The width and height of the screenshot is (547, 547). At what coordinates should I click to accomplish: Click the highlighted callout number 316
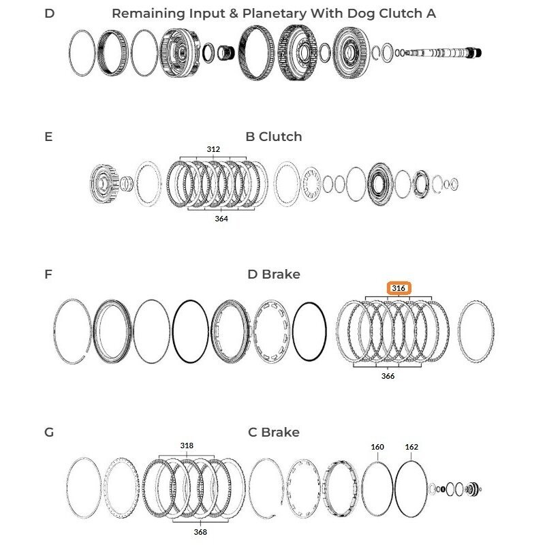[398, 288]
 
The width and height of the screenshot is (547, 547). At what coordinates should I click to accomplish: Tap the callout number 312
[213, 149]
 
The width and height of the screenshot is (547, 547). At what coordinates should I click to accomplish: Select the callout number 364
[221, 219]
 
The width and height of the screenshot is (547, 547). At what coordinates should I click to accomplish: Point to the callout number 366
[388, 376]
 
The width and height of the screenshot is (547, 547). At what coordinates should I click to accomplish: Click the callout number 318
[187, 446]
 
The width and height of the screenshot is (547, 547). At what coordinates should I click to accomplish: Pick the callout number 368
[200, 532]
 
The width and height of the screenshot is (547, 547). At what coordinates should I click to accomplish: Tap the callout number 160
[377, 447]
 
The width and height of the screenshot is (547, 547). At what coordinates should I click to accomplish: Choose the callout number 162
[411, 447]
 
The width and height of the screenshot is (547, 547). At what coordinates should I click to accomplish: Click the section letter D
[50, 14]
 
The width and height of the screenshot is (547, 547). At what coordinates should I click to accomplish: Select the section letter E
[48, 137]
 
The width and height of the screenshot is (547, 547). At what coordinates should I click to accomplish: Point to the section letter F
[48, 275]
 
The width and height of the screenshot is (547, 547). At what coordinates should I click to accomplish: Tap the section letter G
[49, 433]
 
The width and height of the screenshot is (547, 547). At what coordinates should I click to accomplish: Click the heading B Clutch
[274, 137]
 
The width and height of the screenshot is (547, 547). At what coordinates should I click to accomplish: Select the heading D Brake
[274, 275]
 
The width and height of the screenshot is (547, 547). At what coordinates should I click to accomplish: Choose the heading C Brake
[274, 433]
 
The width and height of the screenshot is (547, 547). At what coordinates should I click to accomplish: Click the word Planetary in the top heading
[275, 14]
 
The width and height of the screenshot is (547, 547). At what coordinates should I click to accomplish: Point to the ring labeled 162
[395, 488]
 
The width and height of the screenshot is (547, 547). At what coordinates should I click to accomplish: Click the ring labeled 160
[362, 488]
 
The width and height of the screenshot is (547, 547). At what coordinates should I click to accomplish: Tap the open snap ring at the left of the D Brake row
[55, 332]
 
